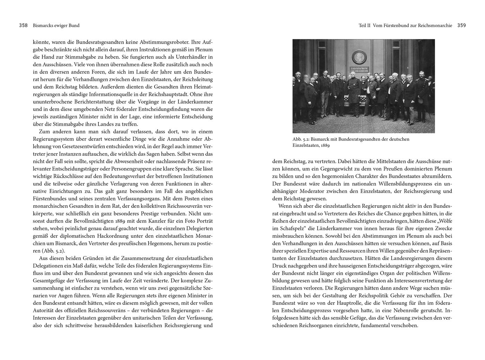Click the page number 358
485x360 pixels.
click(24, 25)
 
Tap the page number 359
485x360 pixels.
click(461, 25)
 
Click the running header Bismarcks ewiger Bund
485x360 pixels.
click(56, 25)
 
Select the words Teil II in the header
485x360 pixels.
click(364, 25)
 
